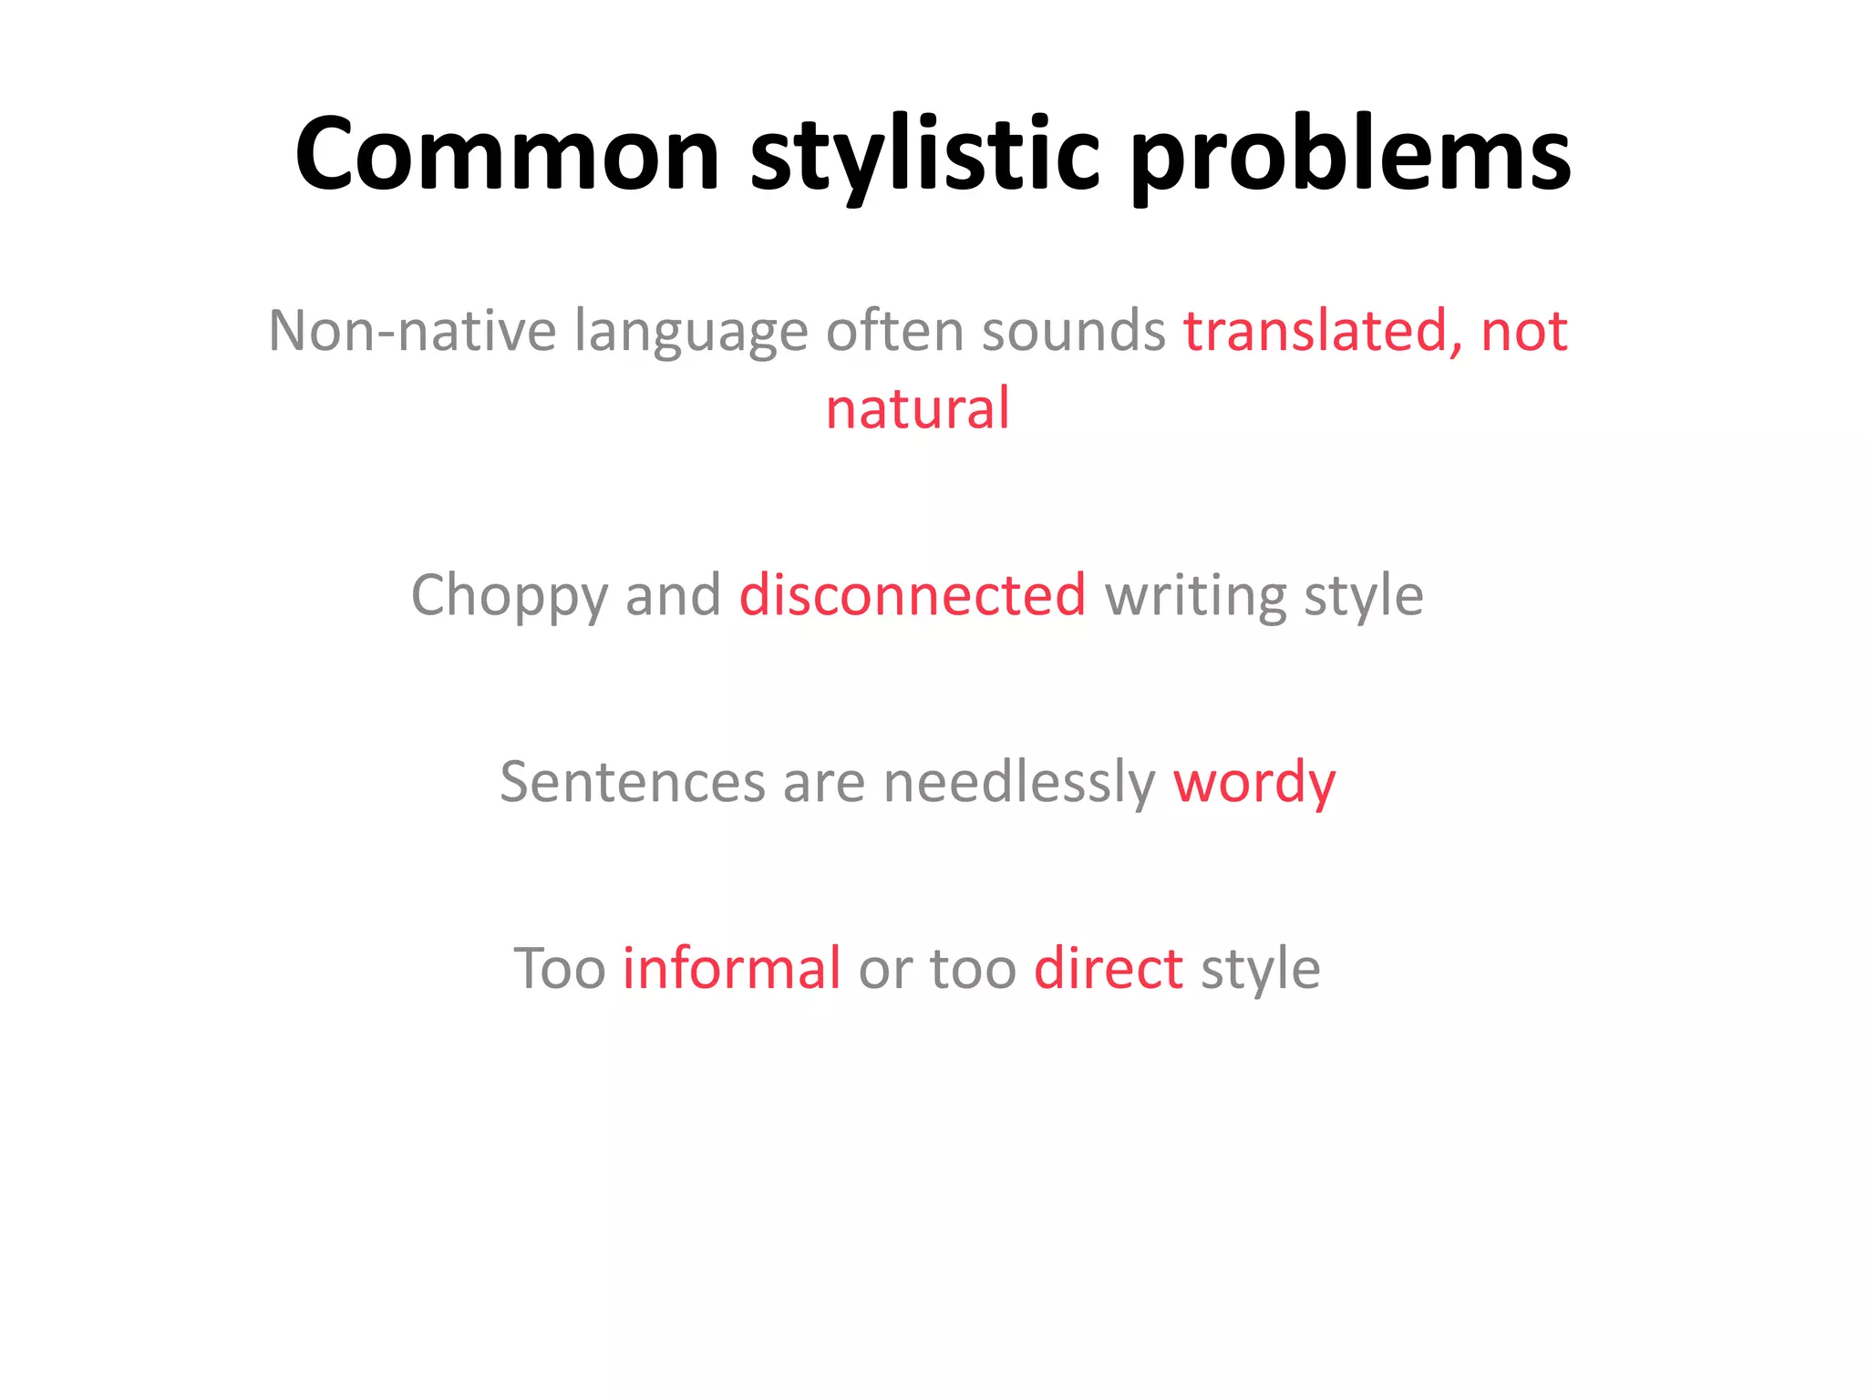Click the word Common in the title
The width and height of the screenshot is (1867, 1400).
click(x=508, y=155)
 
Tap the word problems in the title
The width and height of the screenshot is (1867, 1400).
click(x=1351, y=155)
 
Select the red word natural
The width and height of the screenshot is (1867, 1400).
click(x=917, y=408)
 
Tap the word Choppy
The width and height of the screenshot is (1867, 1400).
click(x=509, y=596)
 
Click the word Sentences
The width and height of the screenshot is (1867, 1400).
click(x=632, y=782)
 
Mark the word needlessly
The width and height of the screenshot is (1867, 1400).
click(x=1018, y=782)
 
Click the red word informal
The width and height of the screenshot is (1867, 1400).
click(x=731, y=968)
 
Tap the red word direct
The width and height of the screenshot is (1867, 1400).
click(x=1109, y=968)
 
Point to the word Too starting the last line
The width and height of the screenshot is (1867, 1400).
click(x=559, y=968)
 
